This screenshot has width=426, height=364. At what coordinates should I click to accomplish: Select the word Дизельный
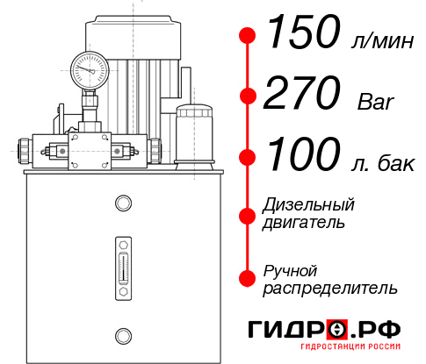(309, 205)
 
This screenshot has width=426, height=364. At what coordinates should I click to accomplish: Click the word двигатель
(304, 223)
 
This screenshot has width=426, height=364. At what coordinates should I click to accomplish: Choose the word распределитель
(330, 288)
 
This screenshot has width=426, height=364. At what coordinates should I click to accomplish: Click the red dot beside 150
(248, 36)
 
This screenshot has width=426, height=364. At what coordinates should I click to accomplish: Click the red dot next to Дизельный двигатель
(248, 214)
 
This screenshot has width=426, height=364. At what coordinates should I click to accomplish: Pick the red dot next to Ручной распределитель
(248, 277)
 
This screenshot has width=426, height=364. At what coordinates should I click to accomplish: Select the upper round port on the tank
(122, 204)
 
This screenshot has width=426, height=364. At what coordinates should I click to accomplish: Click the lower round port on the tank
(122, 333)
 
